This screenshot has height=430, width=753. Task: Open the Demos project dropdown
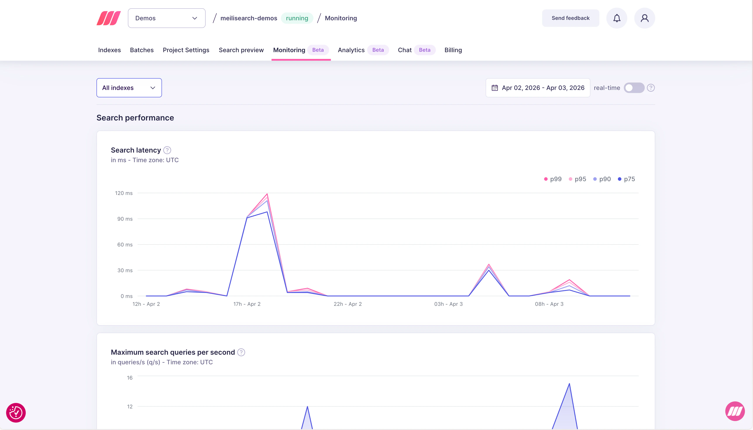167,18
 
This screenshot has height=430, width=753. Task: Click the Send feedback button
570,18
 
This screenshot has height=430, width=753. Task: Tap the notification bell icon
617,18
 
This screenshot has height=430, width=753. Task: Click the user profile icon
644,18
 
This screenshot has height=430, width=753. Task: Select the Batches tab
142,50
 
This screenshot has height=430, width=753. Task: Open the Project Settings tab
186,50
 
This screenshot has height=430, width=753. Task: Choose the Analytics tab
351,50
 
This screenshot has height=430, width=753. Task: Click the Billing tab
453,50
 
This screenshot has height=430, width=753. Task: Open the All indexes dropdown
129,88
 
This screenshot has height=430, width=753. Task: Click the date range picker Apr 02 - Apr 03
538,88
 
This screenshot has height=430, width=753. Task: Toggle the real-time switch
634,88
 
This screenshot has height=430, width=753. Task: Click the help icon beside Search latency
167,150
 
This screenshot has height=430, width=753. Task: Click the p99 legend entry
553,179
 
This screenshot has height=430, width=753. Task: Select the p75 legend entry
626,179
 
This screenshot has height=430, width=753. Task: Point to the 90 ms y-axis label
125,219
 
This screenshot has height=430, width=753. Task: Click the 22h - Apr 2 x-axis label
347,304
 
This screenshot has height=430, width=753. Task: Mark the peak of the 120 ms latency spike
267,194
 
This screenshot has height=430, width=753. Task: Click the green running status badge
297,18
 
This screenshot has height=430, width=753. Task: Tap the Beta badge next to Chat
424,50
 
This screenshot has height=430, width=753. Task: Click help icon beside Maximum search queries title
241,352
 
